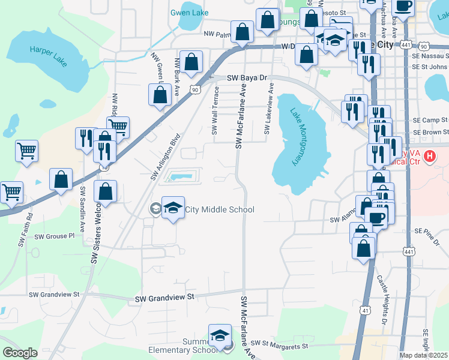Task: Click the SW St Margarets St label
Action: click(279, 346)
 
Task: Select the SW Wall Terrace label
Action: click(215, 111)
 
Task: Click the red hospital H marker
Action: click(430, 158)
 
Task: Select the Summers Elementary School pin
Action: click(220, 335)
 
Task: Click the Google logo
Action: click(20, 353)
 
